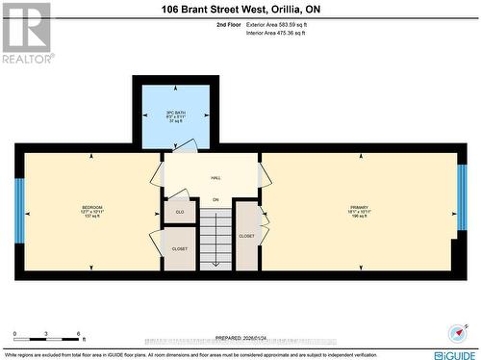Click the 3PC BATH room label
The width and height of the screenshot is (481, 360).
pos(175,112)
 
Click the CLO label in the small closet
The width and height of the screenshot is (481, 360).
pos(179,211)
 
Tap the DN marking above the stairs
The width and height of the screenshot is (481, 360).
pos(216,199)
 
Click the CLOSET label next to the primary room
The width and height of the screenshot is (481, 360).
pos(246,235)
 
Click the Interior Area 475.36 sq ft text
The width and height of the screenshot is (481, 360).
pos(274,34)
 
